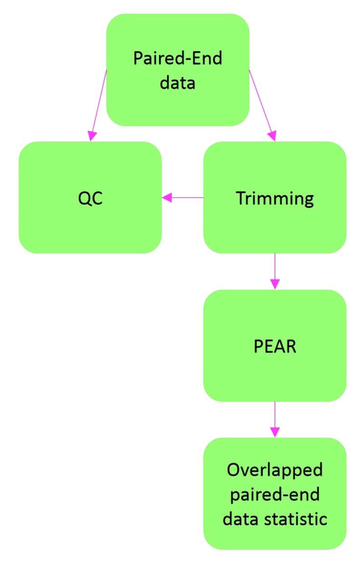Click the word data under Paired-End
177,83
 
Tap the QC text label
90,199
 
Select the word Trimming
274,199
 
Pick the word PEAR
274,346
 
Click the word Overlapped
274,470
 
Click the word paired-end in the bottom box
274,495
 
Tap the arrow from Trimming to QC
184,198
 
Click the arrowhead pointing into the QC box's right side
167,198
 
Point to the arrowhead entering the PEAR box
274,283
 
